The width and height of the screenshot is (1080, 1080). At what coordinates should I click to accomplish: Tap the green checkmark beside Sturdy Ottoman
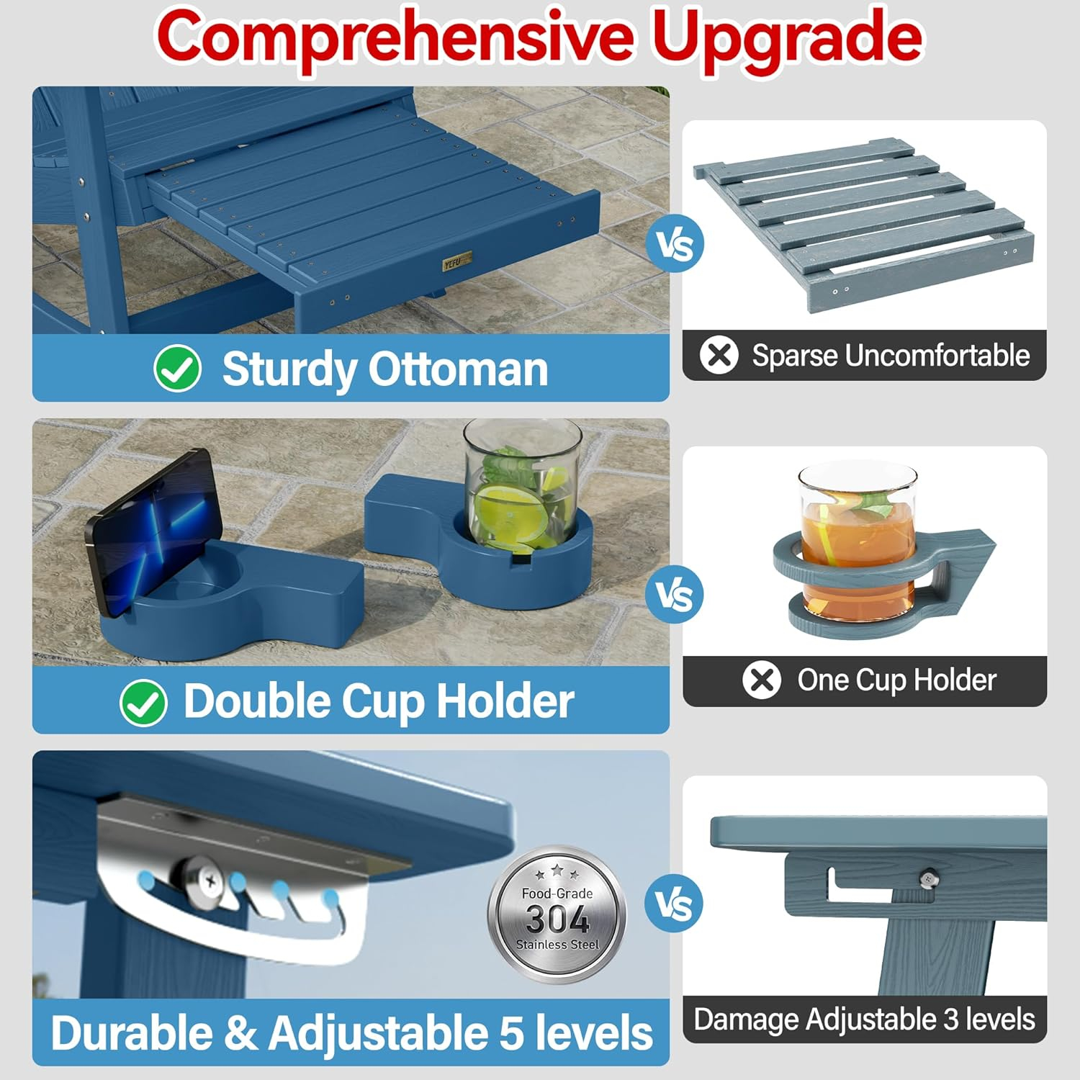[177, 369]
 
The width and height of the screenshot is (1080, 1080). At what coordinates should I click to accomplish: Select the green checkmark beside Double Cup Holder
[143, 702]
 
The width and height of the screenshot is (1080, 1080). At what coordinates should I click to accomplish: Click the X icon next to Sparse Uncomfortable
[719, 355]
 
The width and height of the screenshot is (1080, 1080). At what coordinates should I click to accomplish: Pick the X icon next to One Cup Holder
[761, 680]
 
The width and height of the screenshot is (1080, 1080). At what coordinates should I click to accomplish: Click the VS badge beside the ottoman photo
[675, 243]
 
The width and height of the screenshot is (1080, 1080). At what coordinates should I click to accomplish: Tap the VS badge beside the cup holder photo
[675, 594]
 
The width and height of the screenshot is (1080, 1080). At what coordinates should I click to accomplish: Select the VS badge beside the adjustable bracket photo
[675, 904]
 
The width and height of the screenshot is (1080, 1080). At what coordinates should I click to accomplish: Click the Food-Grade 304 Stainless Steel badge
[557, 914]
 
